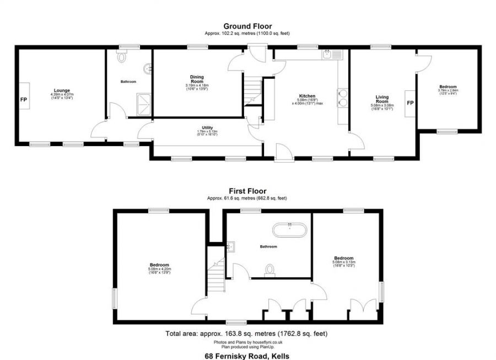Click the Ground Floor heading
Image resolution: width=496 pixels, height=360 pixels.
(x=247, y=26)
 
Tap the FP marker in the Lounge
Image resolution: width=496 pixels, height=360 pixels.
(x=24, y=100)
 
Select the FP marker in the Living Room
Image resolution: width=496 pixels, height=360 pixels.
(x=409, y=103)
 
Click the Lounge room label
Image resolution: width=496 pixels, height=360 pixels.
(x=62, y=90)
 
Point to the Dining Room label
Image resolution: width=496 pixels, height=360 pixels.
(x=197, y=78)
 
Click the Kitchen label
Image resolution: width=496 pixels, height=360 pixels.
(x=307, y=95)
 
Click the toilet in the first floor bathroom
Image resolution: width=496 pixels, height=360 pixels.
(x=269, y=268)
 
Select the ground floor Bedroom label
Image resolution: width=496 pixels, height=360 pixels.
(x=448, y=87)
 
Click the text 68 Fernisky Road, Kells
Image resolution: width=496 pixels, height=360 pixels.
(x=247, y=356)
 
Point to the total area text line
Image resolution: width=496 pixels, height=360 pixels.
(x=247, y=334)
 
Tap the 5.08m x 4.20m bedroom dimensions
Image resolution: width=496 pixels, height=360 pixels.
(x=159, y=269)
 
